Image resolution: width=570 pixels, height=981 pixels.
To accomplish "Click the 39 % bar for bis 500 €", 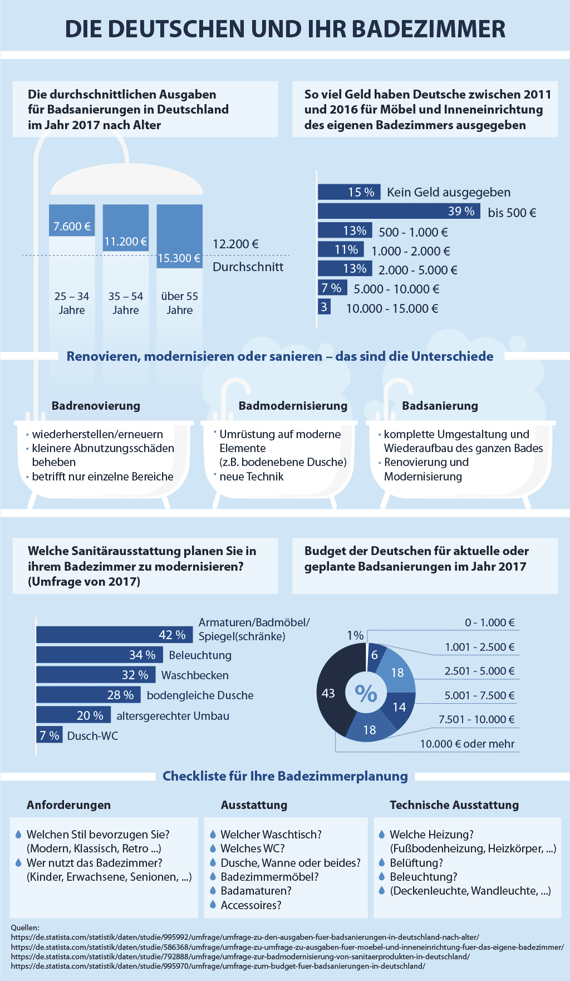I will (x=399, y=211).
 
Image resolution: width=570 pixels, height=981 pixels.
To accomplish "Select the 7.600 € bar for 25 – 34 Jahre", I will (x=72, y=220).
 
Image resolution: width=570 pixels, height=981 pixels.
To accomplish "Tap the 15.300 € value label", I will (x=179, y=258).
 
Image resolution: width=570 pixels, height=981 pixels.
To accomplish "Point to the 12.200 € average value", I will (x=235, y=244).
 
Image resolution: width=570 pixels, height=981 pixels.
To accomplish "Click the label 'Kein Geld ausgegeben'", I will (x=449, y=193).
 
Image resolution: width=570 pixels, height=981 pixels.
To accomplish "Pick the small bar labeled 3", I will (x=324, y=307).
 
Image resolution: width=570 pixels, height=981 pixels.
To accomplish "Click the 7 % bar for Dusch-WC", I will (x=50, y=735).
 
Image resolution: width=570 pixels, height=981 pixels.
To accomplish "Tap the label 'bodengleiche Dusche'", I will (x=200, y=695).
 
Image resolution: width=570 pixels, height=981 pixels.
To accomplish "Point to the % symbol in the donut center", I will (x=366, y=693).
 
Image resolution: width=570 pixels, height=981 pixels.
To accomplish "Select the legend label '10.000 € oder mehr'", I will (x=467, y=744).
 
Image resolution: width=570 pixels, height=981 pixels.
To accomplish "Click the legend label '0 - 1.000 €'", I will (x=489, y=622).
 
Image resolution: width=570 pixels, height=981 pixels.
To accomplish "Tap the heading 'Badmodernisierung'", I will (x=293, y=406).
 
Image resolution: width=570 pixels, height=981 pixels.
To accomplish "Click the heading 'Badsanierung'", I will (x=440, y=406).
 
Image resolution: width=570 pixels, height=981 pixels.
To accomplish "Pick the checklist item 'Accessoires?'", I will (x=251, y=905).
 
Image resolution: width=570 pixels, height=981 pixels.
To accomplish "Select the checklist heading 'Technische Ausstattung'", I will (x=454, y=805).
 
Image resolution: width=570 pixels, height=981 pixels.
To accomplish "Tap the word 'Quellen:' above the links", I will (x=25, y=928).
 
